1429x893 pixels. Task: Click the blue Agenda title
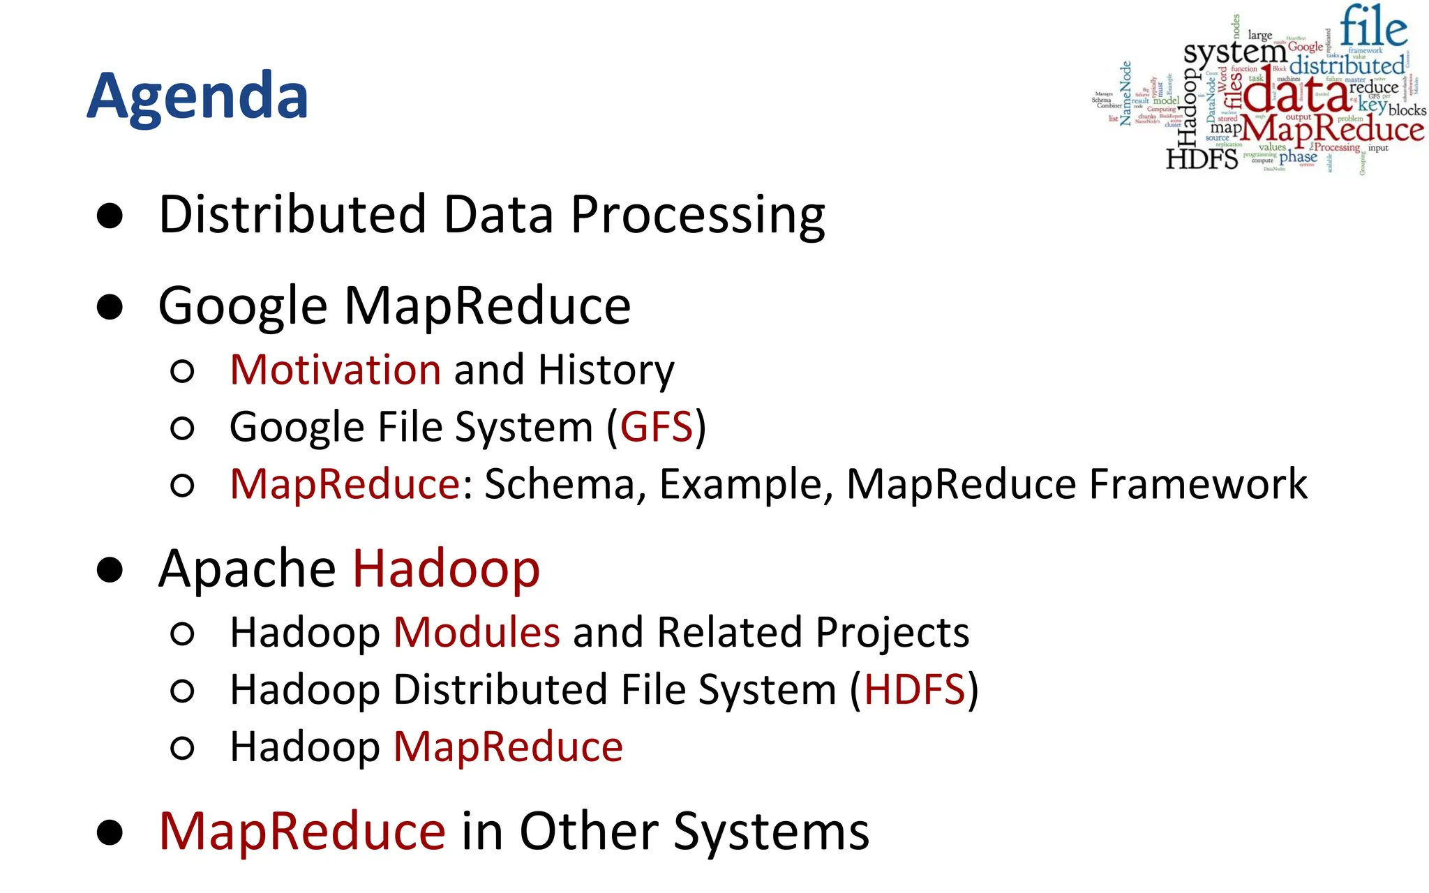[x=197, y=97]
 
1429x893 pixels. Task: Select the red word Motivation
[x=335, y=370]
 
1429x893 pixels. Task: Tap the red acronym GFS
[x=656, y=427]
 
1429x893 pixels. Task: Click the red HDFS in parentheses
[x=914, y=690]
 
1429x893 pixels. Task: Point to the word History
[x=606, y=370]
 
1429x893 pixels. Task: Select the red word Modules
[x=477, y=633]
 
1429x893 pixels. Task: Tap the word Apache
[x=247, y=569]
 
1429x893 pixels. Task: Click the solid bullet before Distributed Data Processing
[x=110, y=216]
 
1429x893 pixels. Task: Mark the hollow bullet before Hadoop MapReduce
[x=182, y=749]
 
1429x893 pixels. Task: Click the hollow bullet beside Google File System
[x=182, y=428]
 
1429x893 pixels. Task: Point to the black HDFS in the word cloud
[x=1202, y=159]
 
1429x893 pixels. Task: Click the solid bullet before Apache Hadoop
[x=110, y=570]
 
